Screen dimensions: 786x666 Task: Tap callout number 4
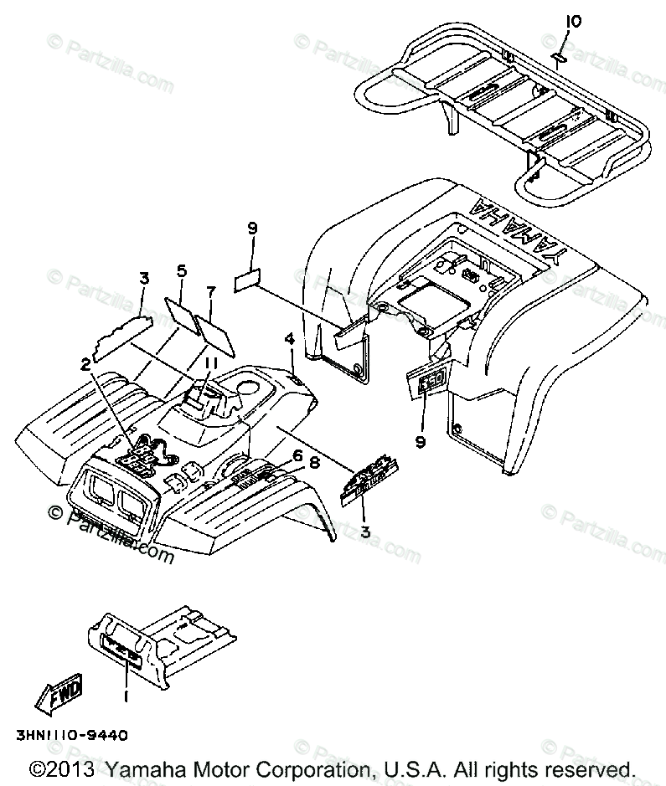point(289,339)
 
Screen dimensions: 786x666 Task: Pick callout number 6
point(296,455)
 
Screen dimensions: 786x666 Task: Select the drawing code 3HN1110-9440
point(70,736)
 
